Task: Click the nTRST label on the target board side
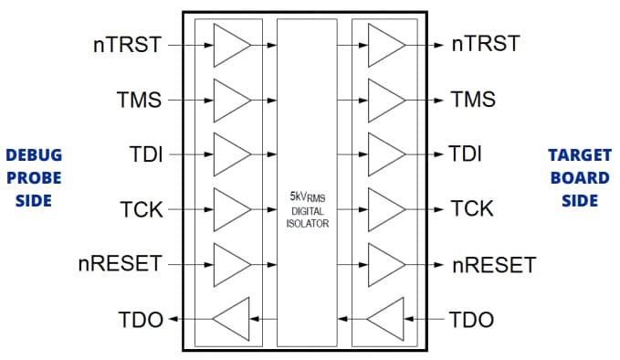pyautogui.click(x=486, y=43)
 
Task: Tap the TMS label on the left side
pyautogui.click(x=139, y=99)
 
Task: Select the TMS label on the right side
pyautogui.click(x=473, y=99)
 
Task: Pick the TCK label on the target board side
pyautogui.click(x=473, y=208)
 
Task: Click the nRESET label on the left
pyautogui.click(x=120, y=264)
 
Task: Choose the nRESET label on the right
pyautogui.click(x=494, y=265)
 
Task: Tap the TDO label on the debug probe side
pyautogui.click(x=140, y=319)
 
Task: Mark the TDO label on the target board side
pyautogui.click(x=472, y=319)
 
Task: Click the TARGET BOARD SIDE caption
pyautogui.click(x=579, y=177)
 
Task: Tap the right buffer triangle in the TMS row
pyautogui.click(x=384, y=99)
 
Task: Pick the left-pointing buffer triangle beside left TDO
pyautogui.click(x=231, y=319)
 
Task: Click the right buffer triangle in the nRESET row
pyautogui.click(x=384, y=264)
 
